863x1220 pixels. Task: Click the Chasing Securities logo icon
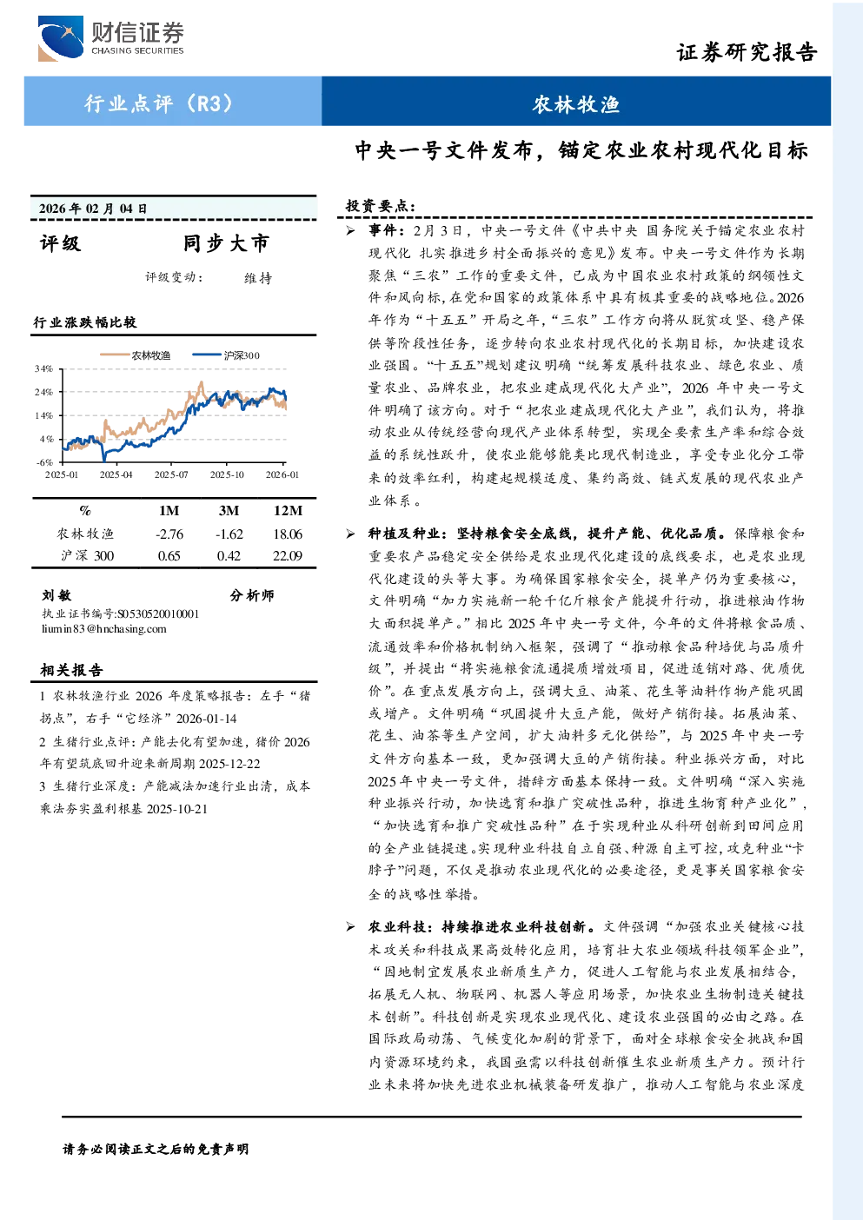61,38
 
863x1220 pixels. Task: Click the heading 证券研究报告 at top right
747,53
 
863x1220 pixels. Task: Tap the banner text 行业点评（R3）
158,103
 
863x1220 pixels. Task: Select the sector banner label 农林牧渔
576,104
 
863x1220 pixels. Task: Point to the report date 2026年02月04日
93,209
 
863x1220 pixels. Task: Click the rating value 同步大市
226,243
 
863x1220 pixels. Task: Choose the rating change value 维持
258,278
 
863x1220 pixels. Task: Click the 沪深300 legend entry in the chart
226,355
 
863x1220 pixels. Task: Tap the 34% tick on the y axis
44,368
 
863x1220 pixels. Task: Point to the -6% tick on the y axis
44,462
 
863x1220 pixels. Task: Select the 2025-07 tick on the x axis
171,475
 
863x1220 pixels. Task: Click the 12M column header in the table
288,511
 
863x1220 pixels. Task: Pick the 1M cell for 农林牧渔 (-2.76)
169,534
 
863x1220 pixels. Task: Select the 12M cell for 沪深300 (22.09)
288,556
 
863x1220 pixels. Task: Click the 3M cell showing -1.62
229,534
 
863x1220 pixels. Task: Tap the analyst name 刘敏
56,595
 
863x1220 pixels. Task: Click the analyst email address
104,629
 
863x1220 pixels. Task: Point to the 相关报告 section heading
71,670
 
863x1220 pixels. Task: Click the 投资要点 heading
381,207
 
